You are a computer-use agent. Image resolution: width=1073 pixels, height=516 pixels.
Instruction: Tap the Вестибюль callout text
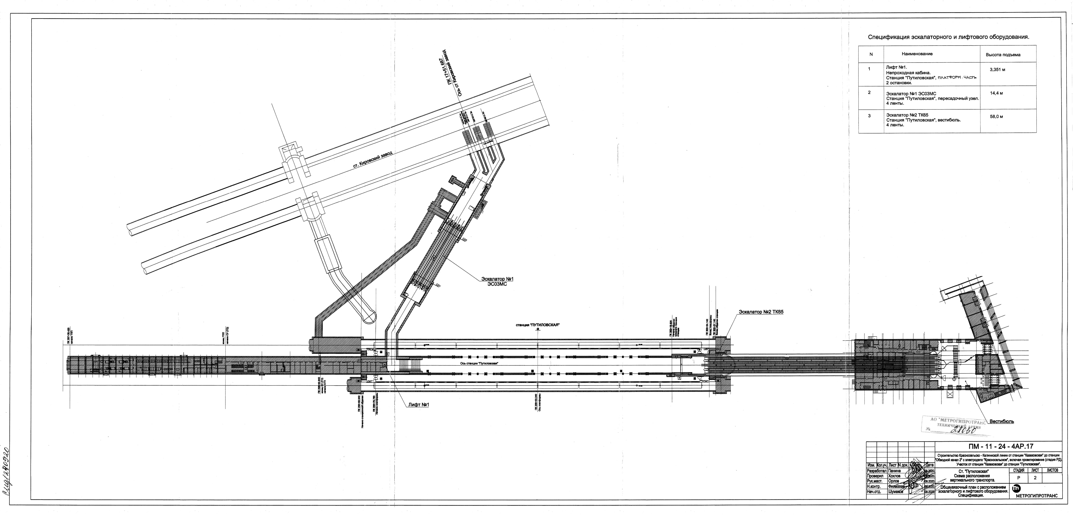click(1001, 421)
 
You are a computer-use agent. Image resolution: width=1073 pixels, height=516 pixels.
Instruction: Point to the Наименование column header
click(917, 54)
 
